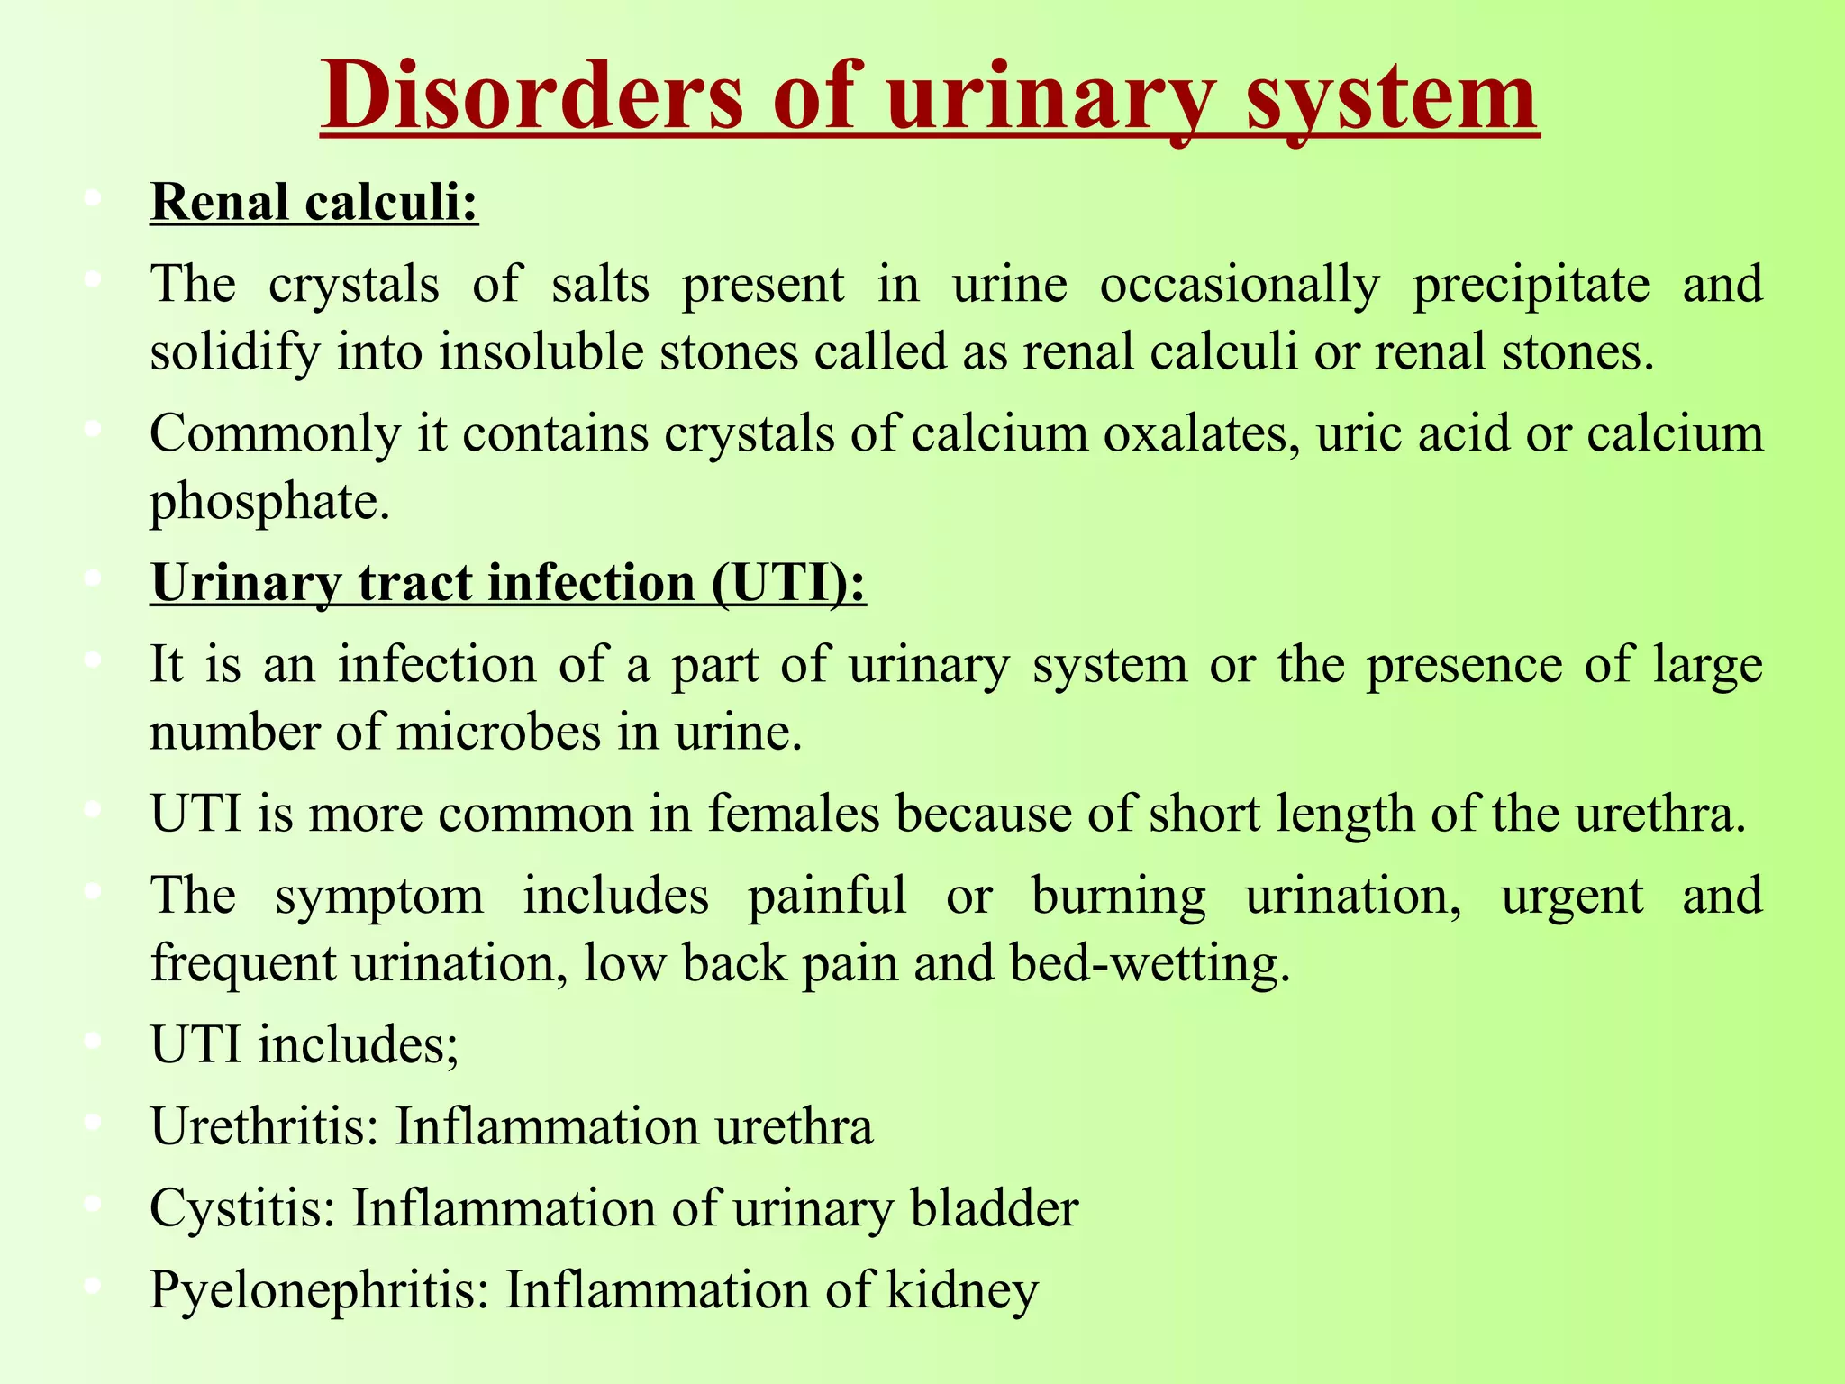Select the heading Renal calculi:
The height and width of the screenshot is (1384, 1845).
pyautogui.click(x=314, y=202)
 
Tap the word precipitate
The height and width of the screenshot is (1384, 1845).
pyautogui.click(x=1531, y=285)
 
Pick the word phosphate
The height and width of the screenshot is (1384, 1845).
pyautogui.click(x=269, y=501)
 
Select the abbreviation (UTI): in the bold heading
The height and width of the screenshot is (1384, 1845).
pyautogui.click(x=788, y=583)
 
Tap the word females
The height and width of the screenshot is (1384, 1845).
pyautogui.click(x=793, y=814)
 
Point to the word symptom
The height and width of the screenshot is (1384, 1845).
pyautogui.click(x=379, y=896)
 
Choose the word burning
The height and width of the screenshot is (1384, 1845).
pyautogui.click(x=1118, y=896)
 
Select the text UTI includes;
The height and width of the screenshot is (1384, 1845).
pyautogui.click(x=304, y=1045)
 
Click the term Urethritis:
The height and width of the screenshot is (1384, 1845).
pyautogui.click(x=265, y=1126)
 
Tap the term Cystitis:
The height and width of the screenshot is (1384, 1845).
pyautogui.click(x=242, y=1208)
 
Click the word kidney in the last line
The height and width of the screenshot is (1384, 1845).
pyautogui.click(x=962, y=1290)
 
